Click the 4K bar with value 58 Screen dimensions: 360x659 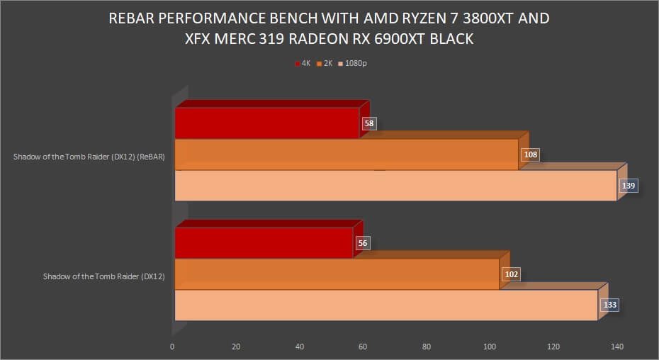coord(267,123)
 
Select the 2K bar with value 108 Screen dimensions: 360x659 coord(347,154)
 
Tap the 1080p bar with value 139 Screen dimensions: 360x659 coord(395,186)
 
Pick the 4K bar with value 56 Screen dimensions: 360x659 coord(264,243)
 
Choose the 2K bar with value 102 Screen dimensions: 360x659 coord(337,274)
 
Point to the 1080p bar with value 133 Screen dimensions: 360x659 coord(386,305)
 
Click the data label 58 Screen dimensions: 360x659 coord(368,123)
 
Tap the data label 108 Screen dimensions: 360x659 coord(529,154)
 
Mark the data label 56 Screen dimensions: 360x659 coord(363,243)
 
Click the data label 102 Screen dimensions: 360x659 coord(511,274)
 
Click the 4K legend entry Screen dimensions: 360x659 coord(303,64)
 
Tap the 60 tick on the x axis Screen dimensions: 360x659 coord(363,347)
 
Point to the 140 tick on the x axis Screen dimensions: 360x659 coord(617,347)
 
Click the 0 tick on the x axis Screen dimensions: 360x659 coord(172,347)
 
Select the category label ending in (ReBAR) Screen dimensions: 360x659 coord(89,158)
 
